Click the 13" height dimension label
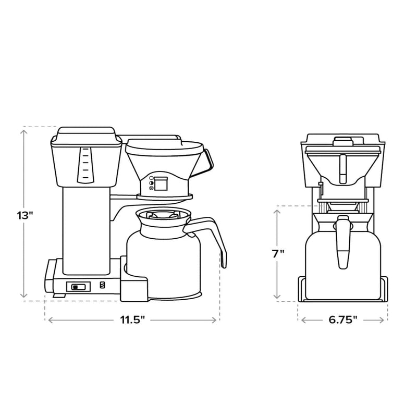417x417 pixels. (24, 215)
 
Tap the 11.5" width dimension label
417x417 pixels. (133, 320)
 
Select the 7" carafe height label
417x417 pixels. (278, 254)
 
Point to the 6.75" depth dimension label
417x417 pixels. (343, 320)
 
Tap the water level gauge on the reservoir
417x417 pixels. (85, 165)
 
